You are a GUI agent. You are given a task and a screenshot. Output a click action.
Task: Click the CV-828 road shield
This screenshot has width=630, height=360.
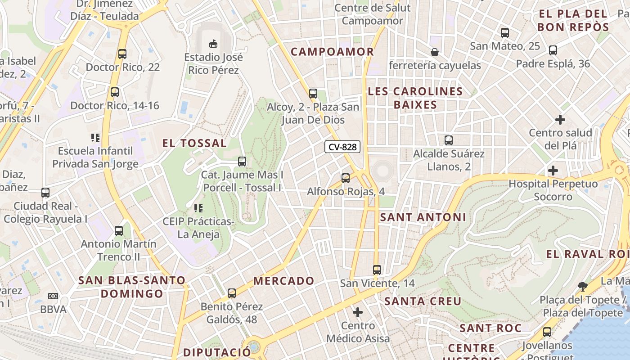342,147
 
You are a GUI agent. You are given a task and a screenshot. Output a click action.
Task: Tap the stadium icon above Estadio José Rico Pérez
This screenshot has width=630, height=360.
213,44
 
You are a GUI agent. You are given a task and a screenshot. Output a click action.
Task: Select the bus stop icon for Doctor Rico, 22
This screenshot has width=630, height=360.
122,54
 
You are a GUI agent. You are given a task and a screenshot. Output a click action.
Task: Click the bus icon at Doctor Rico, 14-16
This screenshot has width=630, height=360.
115,92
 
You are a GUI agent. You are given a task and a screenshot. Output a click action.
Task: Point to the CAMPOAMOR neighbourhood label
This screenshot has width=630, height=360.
332,52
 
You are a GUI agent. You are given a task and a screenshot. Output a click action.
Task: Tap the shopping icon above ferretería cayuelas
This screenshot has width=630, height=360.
435,52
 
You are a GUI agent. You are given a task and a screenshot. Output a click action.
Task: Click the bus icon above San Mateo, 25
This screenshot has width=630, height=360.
505,33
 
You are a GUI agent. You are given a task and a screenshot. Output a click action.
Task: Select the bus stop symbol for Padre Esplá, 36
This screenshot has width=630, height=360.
553,50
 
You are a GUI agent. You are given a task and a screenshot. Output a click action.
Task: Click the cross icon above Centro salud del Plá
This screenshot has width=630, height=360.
560,120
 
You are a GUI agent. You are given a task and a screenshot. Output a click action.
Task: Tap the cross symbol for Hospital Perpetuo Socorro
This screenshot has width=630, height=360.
553,171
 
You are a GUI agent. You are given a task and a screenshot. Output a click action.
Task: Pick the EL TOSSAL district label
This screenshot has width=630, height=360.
194,144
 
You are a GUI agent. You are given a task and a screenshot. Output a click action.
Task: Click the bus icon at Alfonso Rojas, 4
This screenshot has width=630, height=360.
346,178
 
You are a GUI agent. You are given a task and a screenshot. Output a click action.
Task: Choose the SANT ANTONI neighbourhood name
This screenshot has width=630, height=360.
423,217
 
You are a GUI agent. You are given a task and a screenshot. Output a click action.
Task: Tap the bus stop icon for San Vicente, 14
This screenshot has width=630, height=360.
377,270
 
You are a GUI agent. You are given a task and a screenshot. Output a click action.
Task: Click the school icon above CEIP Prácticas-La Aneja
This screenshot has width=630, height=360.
198,208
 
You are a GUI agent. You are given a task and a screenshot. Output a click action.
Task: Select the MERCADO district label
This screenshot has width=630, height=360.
284,281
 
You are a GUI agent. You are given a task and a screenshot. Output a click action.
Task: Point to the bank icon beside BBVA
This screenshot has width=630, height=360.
53,296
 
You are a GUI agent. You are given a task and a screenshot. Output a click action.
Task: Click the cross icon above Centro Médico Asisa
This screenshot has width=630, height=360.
358,312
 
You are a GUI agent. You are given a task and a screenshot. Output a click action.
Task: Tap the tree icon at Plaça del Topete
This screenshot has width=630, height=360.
583,286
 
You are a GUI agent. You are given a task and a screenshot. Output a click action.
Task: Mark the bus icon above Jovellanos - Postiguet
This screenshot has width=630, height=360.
547,332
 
